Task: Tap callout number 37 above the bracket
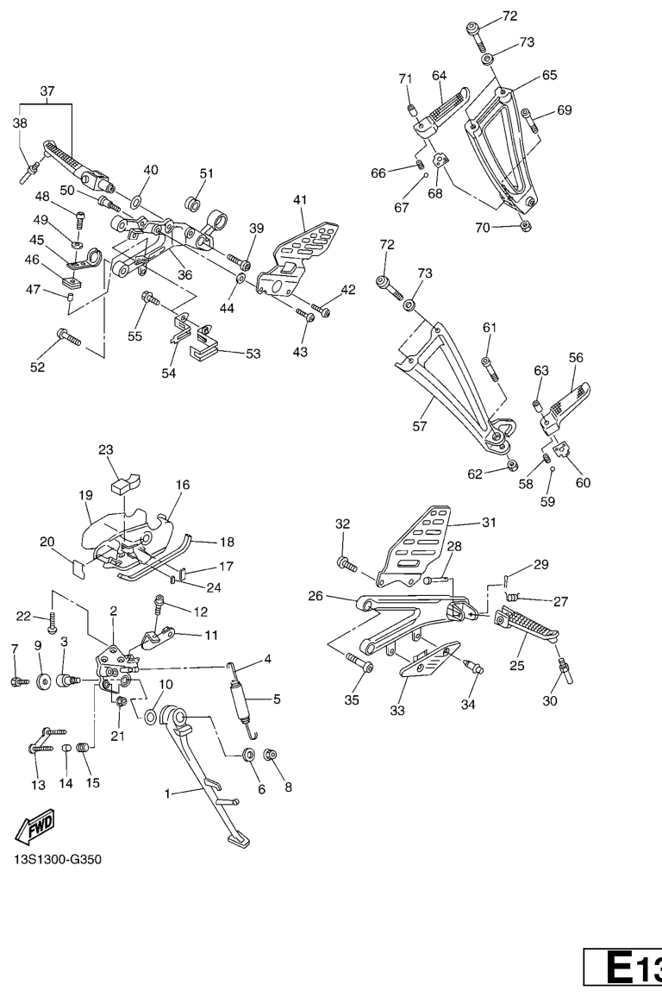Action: pyautogui.click(x=47, y=91)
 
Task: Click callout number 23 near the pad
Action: pyautogui.click(x=106, y=449)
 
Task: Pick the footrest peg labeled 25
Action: pyautogui.click(x=525, y=629)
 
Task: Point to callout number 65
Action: pyautogui.click(x=549, y=75)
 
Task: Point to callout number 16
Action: pyautogui.click(x=183, y=486)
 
